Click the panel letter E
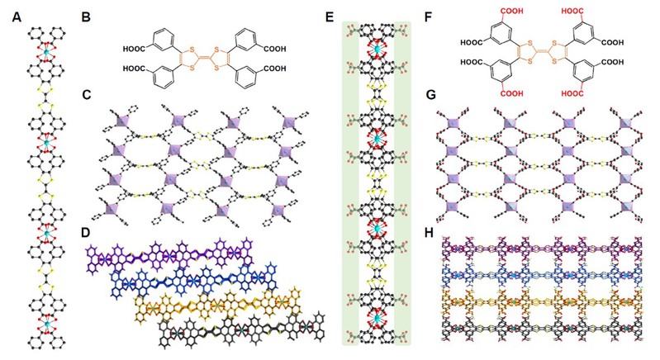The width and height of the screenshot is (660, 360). point(330,15)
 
